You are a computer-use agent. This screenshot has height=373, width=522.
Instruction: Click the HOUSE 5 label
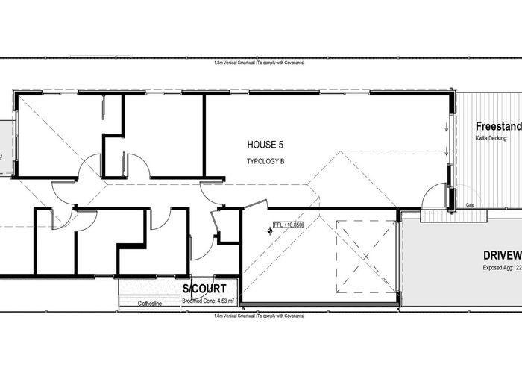tap(265, 142)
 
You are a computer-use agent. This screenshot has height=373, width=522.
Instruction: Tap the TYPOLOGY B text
tap(266, 161)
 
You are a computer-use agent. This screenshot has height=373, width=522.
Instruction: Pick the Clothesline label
tap(151, 304)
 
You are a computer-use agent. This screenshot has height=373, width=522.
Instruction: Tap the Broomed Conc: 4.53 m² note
tap(208, 301)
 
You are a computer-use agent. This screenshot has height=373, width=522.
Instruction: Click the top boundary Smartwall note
tap(259, 63)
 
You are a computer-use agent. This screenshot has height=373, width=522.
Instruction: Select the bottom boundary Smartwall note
tap(259, 316)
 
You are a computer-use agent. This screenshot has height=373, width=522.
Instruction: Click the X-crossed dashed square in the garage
tap(365, 257)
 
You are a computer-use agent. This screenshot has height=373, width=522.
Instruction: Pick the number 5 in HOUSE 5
tap(280, 142)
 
